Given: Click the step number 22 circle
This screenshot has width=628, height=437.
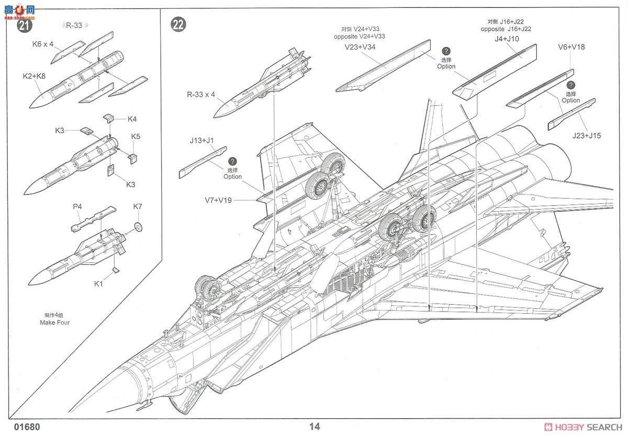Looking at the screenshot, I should pyautogui.click(x=178, y=25).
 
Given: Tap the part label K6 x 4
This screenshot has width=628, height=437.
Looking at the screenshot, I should pyautogui.click(x=43, y=44).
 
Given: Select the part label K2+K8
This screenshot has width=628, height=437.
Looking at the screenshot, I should pyautogui.click(x=34, y=76).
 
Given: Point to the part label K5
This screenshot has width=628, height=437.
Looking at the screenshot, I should pyautogui.click(x=136, y=136).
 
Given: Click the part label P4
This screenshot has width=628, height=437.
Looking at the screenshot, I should pyautogui.click(x=77, y=206).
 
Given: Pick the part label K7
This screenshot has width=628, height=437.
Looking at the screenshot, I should pyautogui.click(x=138, y=206).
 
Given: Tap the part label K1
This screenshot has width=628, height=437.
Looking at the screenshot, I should pyautogui.click(x=99, y=284).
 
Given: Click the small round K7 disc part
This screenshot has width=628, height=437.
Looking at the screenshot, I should pyautogui.click(x=138, y=227).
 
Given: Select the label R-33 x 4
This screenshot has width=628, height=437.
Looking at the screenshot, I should pyautogui.click(x=201, y=95).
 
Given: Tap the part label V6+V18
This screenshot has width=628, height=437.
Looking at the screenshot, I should pyautogui.click(x=571, y=47).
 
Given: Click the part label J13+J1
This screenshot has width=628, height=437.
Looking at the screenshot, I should pyautogui.click(x=203, y=140).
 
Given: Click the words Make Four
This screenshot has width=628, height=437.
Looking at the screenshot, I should pyautogui.click(x=54, y=323).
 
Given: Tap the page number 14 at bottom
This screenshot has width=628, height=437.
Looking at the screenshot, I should pyautogui.click(x=315, y=426).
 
